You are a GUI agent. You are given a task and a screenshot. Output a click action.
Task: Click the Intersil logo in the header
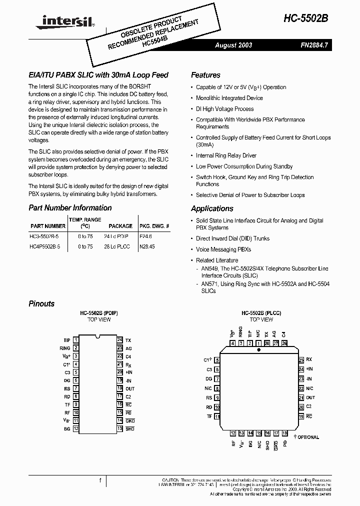click(x=62, y=20)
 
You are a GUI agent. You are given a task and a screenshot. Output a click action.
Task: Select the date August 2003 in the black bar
click(x=233, y=45)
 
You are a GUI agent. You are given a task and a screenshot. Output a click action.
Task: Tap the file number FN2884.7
click(x=313, y=45)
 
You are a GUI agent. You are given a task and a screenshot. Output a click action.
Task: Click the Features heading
click(x=205, y=75)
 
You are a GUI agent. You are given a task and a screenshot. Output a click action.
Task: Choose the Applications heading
click(x=212, y=208)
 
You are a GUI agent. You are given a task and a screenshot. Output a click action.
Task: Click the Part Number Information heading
click(x=70, y=207)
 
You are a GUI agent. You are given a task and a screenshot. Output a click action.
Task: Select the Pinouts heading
click(x=41, y=303)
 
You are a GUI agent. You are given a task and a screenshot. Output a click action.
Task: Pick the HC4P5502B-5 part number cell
click(x=44, y=246)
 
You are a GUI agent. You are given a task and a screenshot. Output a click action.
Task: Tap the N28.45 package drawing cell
click(x=147, y=246)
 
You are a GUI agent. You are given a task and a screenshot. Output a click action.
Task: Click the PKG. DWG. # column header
click(x=154, y=226)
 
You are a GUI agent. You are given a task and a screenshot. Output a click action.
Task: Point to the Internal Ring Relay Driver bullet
click(x=226, y=155)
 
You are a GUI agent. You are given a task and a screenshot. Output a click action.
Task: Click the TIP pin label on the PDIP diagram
click(x=67, y=339)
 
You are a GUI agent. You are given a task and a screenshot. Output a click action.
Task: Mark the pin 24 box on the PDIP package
click(x=120, y=339)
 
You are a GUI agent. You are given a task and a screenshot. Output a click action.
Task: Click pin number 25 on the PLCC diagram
click(x=301, y=359)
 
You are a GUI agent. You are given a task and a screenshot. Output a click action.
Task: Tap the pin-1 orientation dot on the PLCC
click(x=258, y=350)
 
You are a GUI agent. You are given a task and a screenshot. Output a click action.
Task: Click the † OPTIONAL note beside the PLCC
click(x=306, y=437)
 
